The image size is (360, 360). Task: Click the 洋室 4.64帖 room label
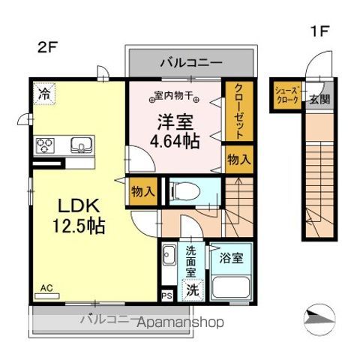pos(177,130)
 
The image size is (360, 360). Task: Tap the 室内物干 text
pos(175,96)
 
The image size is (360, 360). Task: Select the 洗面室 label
pos(190,263)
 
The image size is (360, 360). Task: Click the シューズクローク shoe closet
pos(286,94)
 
